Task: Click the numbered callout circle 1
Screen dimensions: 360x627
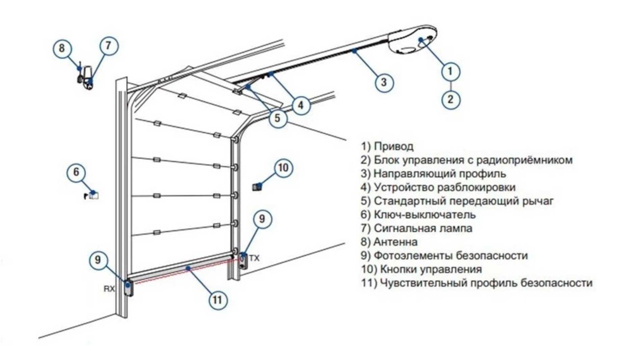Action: pyautogui.click(x=451, y=71)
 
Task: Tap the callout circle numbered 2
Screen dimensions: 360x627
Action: pyautogui.click(x=451, y=99)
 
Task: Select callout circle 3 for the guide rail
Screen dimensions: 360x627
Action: pyautogui.click(x=384, y=82)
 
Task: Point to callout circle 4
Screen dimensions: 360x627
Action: pyautogui.click(x=300, y=105)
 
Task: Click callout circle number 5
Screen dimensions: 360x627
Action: pyautogui.click(x=277, y=118)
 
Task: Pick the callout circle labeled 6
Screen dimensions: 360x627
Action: pyautogui.click(x=76, y=172)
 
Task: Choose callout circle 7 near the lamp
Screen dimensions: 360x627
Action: pyautogui.click(x=108, y=46)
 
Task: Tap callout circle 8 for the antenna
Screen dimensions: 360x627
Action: pyautogui.click(x=62, y=48)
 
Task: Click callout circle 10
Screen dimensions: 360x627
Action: pyautogui.click(x=283, y=168)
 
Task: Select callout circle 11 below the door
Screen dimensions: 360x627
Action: pyautogui.click(x=218, y=300)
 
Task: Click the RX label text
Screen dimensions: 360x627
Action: pyautogui.click(x=109, y=289)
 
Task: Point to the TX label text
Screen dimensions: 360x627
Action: pyautogui.click(x=254, y=258)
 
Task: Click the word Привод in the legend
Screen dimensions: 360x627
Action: pyautogui.click(x=393, y=146)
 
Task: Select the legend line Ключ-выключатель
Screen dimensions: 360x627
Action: pyautogui.click(x=425, y=214)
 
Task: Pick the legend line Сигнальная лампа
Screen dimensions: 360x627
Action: pyautogui.click(x=423, y=228)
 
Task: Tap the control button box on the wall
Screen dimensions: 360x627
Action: pyautogui.click(x=257, y=186)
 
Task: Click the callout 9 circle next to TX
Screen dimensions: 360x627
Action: pyautogui.click(x=262, y=219)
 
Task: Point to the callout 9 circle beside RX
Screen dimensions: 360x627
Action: pyautogui.click(x=98, y=260)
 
